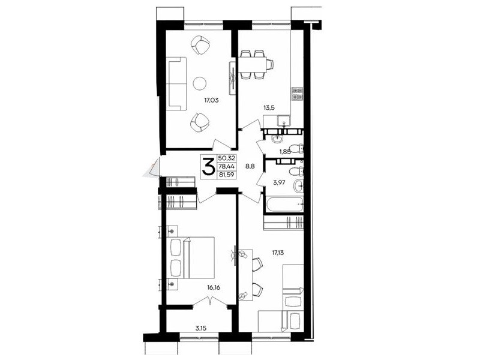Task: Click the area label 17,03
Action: (212, 100)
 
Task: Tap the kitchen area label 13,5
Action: (269, 107)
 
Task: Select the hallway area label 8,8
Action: (250, 167)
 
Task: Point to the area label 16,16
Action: (214, 288)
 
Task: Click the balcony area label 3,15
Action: (200, 328)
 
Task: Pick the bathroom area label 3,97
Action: (279, 183)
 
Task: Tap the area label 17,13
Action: (278, 253)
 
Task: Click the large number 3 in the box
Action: (208, 167)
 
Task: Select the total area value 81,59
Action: (226, 175)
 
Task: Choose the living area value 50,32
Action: (226, 158)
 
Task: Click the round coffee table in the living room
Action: (200, 83)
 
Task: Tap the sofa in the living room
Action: (178, 83)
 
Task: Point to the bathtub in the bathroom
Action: (284, 204)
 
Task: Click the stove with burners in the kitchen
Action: (297, 94)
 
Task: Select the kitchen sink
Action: (284, 121)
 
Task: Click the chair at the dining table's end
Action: (269, 65)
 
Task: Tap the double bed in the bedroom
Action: (191, 257)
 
